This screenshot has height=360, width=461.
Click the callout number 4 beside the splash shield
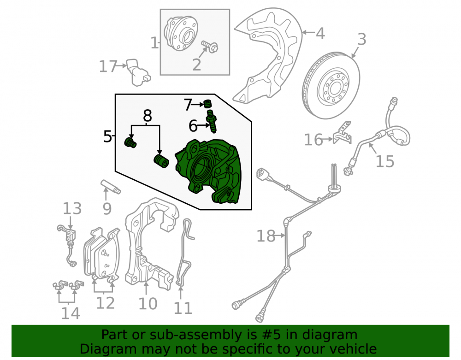tap(320, 34)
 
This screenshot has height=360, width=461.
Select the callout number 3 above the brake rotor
tap(361, 39)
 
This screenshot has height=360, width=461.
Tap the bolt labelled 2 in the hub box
tap(210, 47)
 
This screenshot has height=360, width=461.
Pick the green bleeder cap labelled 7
tap(207, 104)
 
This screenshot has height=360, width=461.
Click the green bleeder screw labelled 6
tap(212, 121)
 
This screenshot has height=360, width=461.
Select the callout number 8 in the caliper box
tap(148, 116)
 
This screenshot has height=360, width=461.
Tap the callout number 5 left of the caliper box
tap(107, 136)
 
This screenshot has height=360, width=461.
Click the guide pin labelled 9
tap(111, 187)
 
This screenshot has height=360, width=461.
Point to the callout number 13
tap(72, 209)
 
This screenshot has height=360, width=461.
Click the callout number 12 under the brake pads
tap(105, 303)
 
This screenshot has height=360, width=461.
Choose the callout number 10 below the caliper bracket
tap(148, 304)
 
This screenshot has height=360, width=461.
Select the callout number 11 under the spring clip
tap(183, 308)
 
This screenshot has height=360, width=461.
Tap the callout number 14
tap(71, 313)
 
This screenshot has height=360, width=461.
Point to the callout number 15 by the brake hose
tap(385, 161)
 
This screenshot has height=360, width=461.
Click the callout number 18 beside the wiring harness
tap(266, 236)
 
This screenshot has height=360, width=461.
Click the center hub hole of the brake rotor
tap(335, 87)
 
